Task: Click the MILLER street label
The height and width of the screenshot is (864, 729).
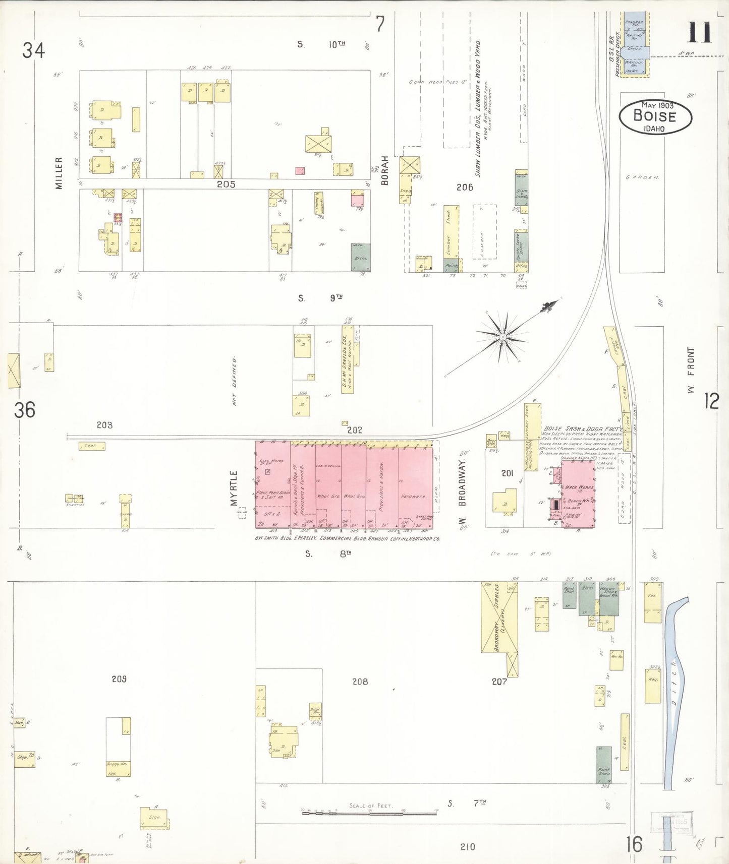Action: coord(59,173)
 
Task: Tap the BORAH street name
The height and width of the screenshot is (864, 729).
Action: coord(384,170)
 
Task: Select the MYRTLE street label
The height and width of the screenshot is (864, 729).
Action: coord(234,488)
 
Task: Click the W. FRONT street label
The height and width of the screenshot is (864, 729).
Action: coord(691,370)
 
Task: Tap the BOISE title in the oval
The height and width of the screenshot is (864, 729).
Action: coord(654,116)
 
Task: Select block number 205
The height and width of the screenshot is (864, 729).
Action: coord(226,184)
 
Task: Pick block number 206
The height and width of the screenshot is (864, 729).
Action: coord(465,188)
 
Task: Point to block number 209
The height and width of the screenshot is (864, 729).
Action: coord(119,679)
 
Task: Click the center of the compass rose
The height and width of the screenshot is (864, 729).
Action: coord(502,337)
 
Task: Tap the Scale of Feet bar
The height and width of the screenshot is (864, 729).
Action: coord(370,812)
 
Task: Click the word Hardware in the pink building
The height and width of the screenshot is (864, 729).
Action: coord(414,497)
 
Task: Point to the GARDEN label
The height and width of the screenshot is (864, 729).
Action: coord(642,177)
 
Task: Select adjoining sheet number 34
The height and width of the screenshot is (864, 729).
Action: coord(33,50)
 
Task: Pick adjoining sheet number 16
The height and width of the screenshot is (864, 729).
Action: coord(634,844)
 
